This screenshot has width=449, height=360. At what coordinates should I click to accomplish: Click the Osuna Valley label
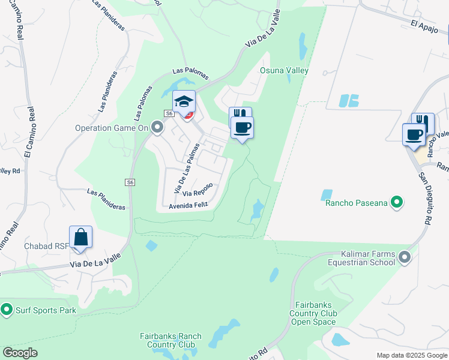pos(284,71)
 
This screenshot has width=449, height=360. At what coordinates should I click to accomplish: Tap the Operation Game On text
pos(111,128)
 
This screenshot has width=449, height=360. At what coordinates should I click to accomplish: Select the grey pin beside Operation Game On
pos(157,127)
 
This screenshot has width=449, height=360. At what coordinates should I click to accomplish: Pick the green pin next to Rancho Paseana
pos(397,203)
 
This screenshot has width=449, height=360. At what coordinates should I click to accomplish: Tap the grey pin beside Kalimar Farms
pos(405,258)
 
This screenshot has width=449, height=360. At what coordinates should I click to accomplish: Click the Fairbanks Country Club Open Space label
pos(313,313)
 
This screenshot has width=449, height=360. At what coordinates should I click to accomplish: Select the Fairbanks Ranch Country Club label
pos(170,340)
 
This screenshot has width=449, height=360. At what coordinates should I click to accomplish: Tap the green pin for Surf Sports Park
pos(7,310)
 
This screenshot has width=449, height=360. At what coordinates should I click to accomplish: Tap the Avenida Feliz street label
pos(188,205)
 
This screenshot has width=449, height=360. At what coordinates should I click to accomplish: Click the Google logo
pos(20,353)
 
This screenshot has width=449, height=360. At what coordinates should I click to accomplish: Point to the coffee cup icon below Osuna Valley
pos(242,128)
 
